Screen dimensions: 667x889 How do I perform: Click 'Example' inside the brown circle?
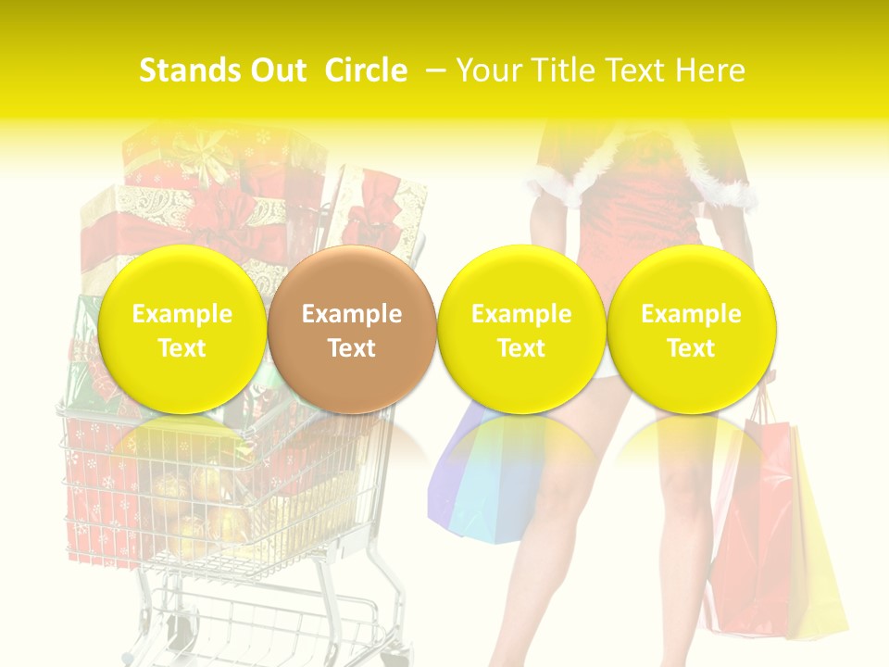tap(352, 314)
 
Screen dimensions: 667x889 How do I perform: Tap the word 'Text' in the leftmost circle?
tap(182, 348)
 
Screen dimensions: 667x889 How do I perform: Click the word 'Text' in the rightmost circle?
tap(691, 348)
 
